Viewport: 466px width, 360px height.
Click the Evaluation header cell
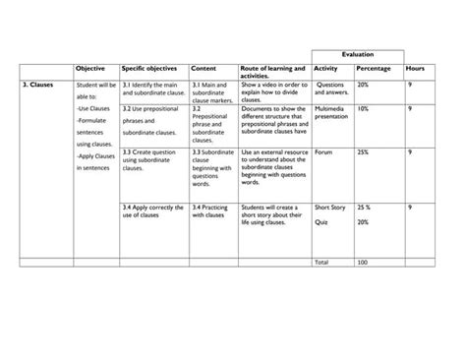tap(357, 55)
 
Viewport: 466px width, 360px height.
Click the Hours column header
tap(415, 69)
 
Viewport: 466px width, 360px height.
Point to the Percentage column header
tap(375, 69)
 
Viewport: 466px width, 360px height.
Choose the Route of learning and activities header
tap(272, 72)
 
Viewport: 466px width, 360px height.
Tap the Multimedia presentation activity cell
tap(330, 112)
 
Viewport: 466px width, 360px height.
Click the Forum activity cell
tap(323, 152)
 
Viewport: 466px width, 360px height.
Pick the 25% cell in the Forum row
tap(363, 152)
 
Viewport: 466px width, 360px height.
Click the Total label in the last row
tap(321, 262)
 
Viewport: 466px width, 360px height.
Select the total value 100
tap(362, 262)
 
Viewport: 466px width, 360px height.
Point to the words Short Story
tap(330, 208)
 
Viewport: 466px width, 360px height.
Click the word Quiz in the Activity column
tap(320, 222)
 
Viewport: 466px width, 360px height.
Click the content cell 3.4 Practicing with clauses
tap(210, 211)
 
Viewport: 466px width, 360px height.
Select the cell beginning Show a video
tap(272, 93)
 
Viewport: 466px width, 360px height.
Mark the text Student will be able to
tap(95, 91)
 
